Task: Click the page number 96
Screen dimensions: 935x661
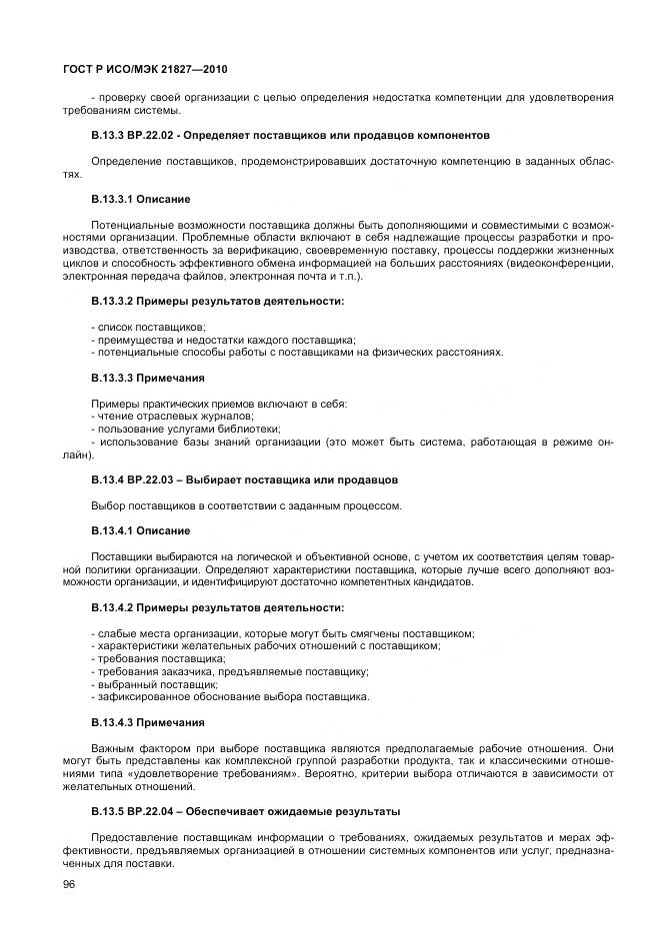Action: point(70,883)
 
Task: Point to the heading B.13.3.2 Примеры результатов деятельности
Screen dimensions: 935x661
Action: point(218,301)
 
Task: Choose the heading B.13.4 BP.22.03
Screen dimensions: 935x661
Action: point(244,479)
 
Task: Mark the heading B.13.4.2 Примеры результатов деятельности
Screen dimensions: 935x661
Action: point(218,607)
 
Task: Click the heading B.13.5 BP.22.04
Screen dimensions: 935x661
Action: point(246,811)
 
